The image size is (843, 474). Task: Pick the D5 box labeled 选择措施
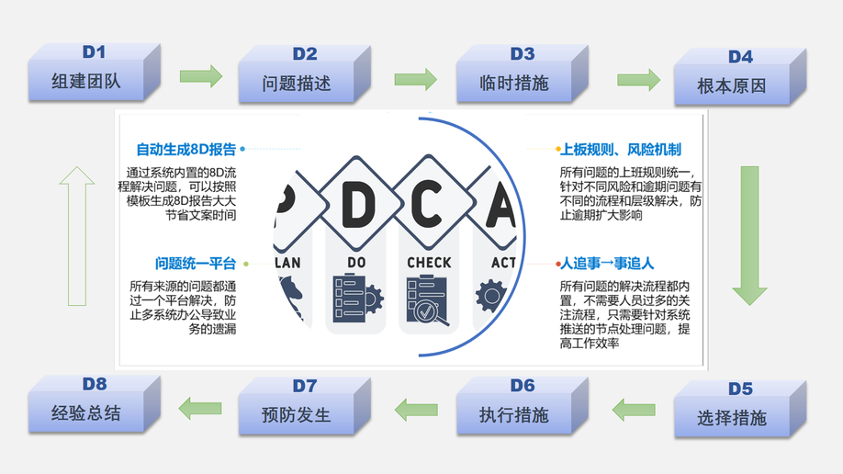pos(732,412)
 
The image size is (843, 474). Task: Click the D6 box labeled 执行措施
pos(513,410)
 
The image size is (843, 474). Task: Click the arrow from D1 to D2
pos(200,76)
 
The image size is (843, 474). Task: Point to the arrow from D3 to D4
pos(638,80)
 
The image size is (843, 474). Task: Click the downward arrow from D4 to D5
pos(749,235)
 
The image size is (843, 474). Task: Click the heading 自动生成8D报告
pos(186,149)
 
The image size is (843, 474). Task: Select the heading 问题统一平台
pos(196,264)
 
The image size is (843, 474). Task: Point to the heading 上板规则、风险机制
pos(620,149)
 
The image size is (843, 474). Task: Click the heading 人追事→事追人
pos(607,264)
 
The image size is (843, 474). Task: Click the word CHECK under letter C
pos(429,263)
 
